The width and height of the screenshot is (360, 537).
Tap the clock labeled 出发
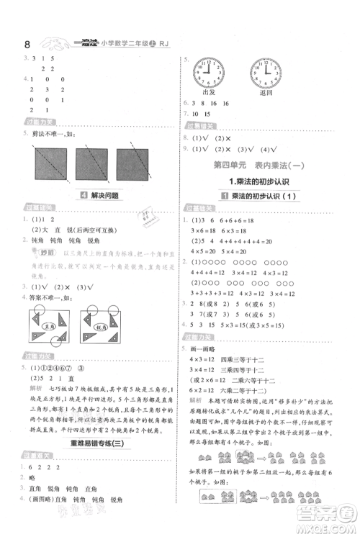tap(210, 73)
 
